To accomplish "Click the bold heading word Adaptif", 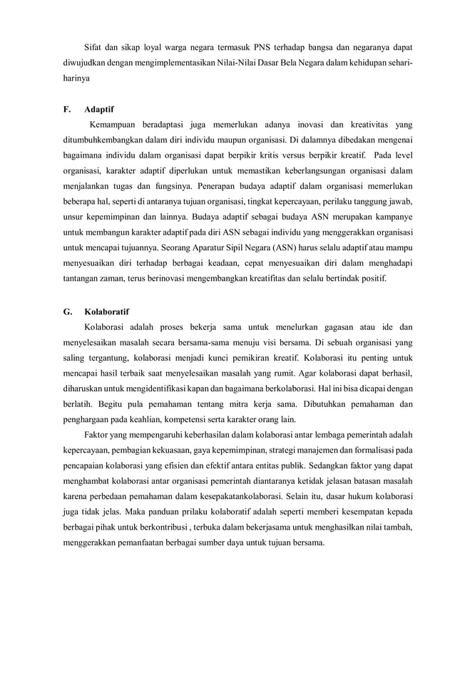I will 99,110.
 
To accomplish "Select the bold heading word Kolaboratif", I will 106,312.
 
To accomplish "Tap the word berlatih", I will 78,403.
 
